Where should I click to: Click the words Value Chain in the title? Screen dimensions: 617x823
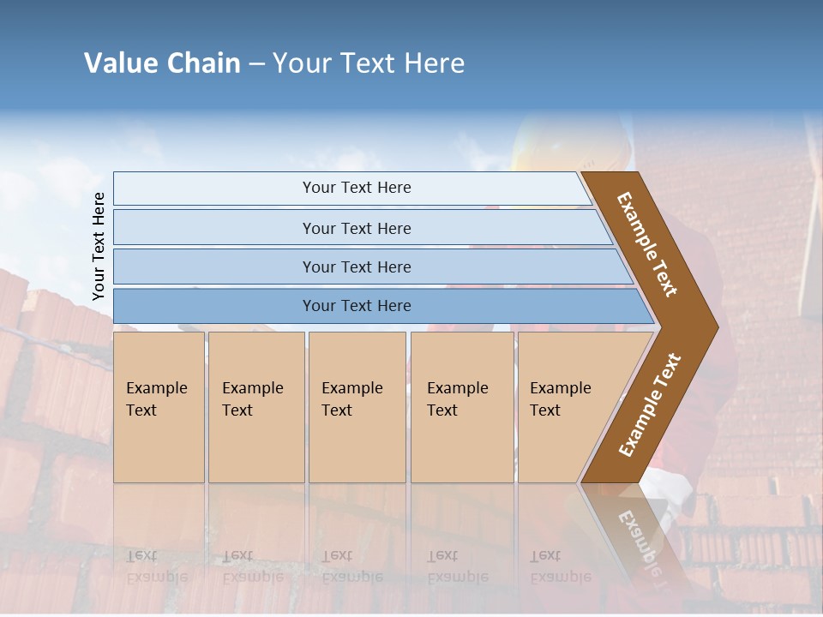pos(162,63)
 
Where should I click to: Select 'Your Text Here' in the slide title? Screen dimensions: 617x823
pos(369,63)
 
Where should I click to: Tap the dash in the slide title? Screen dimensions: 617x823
pos(256,64)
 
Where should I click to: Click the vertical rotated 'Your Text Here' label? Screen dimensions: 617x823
pos(99,246)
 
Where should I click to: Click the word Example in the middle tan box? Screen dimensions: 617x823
pos(351,388)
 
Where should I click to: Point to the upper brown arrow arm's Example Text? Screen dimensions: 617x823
pos(647,244)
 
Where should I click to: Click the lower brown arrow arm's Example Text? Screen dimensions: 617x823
pos(650,404)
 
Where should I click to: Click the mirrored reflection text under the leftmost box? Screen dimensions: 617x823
pos(157,566)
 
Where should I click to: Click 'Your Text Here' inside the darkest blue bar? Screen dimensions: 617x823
pos(357,306)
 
